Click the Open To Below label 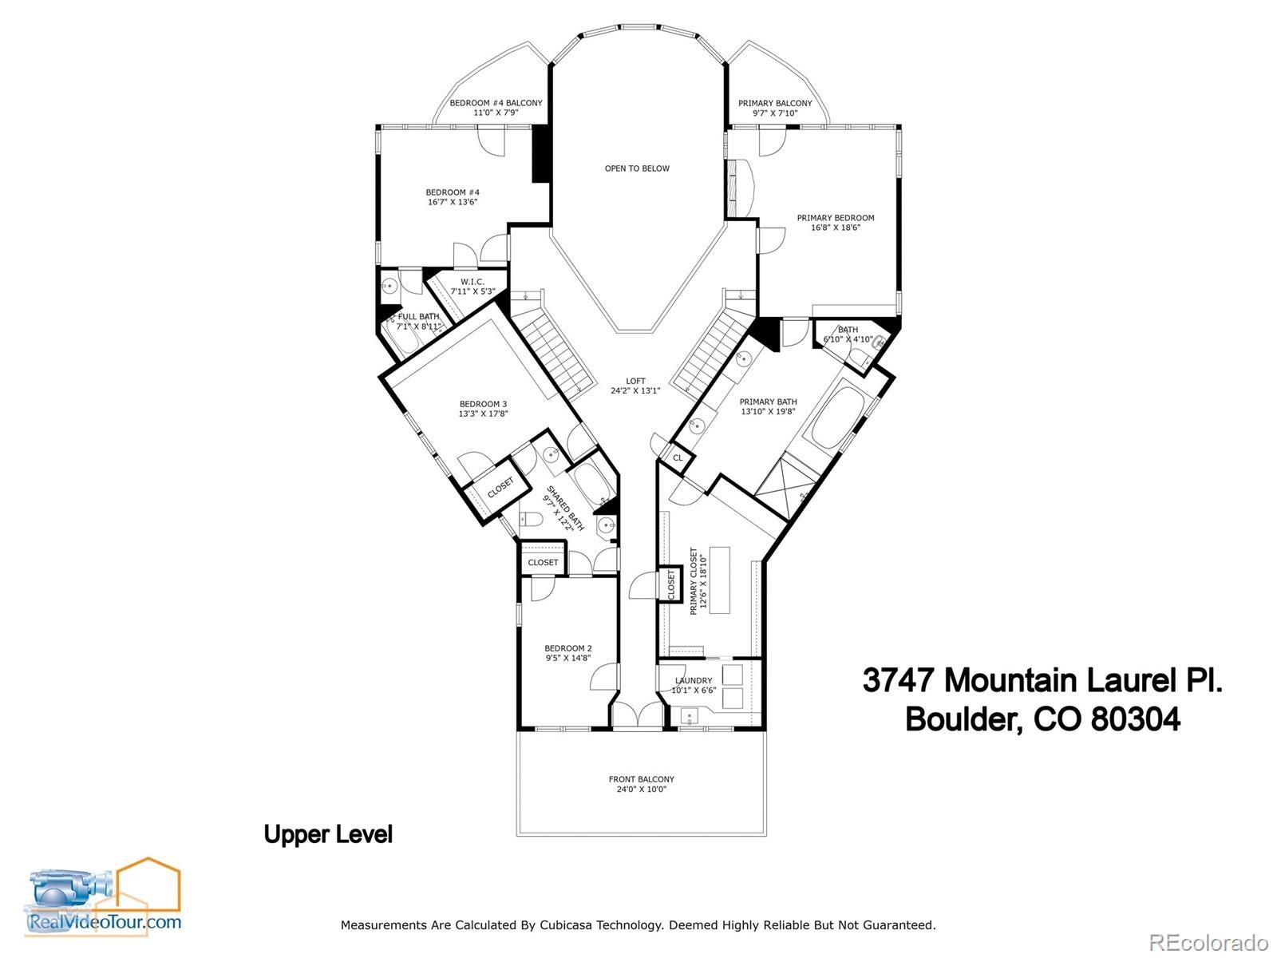(637, 168)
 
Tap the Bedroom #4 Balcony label (496, 103)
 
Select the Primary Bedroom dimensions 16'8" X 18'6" (836, 228)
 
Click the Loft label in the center (635, 381)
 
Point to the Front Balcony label (641, 779)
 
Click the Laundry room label (693, 681)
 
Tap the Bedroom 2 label (567, 648)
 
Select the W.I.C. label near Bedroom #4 (472, 282)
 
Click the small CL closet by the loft (678, 457)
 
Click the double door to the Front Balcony (638, 715)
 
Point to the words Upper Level (328, 834)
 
